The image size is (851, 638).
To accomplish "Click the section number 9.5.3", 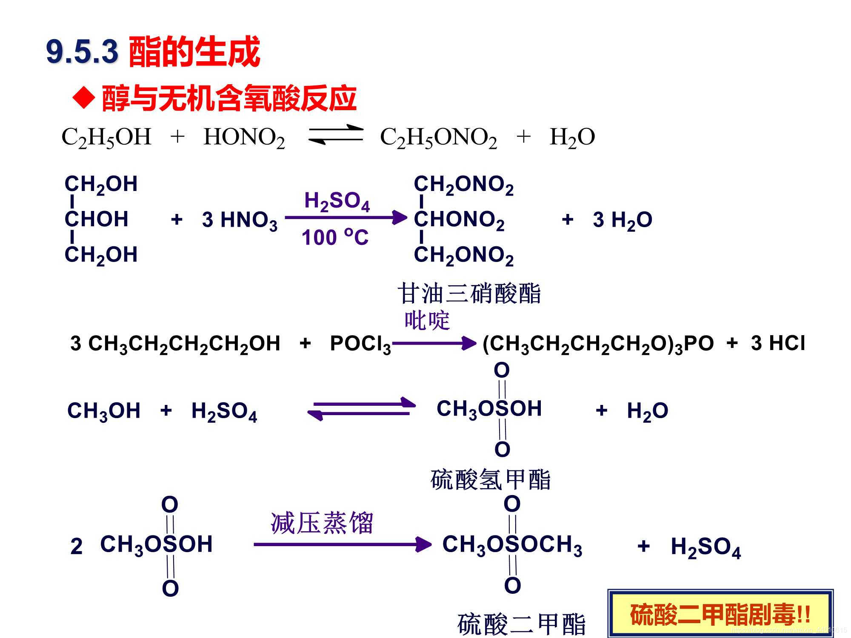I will [x=82, y=52].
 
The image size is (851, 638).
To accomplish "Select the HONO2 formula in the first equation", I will [x=244, y=137].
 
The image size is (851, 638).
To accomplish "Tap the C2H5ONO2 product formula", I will [x=438, y=137].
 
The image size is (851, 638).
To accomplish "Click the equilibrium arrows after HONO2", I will [x=335, y=134].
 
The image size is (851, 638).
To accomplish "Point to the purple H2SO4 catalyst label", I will [x=337, y=201].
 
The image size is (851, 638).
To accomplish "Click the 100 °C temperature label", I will [x=335, y=237].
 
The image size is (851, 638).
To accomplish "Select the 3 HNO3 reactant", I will [x=240, y=220].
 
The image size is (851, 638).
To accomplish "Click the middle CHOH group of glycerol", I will [x=97, y=219].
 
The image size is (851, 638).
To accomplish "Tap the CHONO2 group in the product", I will [x=459, y=220].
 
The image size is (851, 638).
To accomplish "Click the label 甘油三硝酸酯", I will [x=469, y=293].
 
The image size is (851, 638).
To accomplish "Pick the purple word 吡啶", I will [x=427, y=320].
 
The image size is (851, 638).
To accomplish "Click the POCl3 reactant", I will [x=360, y=344].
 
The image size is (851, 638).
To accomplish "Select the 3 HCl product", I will [x=778, y=343].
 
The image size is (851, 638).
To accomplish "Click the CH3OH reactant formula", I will [x=104, y=411].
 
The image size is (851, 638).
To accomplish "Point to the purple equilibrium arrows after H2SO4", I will [x=362, y=408].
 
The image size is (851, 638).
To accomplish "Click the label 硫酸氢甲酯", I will [x=490, y=480].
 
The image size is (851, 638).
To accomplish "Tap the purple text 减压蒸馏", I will [x=322, y=523].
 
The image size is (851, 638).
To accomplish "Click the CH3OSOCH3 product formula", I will [x=512, y=545].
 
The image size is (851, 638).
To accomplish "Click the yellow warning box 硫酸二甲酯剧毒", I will [x=720, y=614].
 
